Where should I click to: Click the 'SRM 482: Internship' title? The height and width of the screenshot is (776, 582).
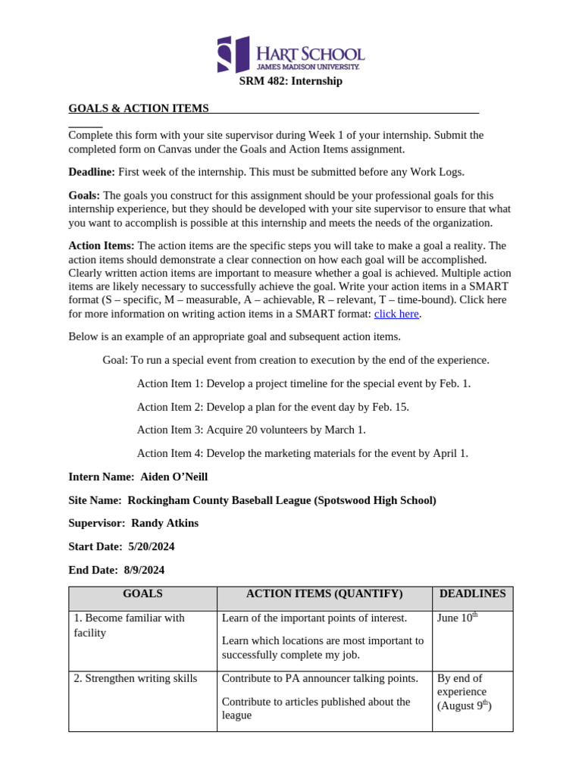coord(291,81)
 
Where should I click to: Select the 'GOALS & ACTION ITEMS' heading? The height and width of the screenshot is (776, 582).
coord(139,108)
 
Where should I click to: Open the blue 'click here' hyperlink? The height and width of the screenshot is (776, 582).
coord(396,314)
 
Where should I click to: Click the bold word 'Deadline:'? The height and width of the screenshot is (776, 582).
coord(92,172)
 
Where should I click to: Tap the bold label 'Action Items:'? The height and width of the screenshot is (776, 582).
coord(102,246)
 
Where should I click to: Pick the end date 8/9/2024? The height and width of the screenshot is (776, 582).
coord(141,570)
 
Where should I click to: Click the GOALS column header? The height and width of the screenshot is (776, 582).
coord(142,594)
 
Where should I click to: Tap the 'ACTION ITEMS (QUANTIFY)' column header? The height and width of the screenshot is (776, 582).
coord(324,594)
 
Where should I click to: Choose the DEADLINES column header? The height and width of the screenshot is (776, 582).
coord(472,594)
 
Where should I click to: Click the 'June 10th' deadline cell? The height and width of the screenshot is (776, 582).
coord(457,618)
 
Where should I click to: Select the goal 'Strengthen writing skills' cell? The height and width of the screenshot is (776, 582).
coord(136,678)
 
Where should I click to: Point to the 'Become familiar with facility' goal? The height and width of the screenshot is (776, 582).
coord(129,625)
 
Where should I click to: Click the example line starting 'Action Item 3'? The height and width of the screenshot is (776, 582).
coord(251,430)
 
